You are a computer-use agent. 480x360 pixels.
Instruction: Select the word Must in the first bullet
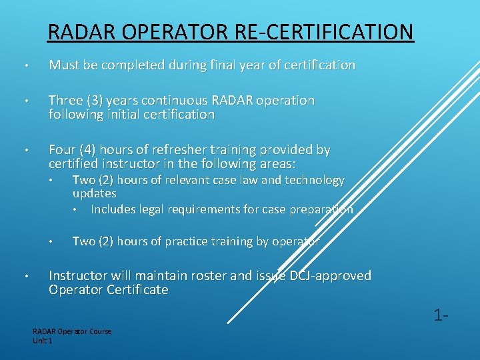[x=64, y=65]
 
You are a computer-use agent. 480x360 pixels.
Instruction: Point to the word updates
[x=94, y=193]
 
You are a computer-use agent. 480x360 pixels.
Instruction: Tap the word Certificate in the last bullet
[x=136, y=290]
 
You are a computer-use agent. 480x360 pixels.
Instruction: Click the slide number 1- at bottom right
[x=439, y=314]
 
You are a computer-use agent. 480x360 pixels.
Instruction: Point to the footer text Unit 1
[x=42, y=341]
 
